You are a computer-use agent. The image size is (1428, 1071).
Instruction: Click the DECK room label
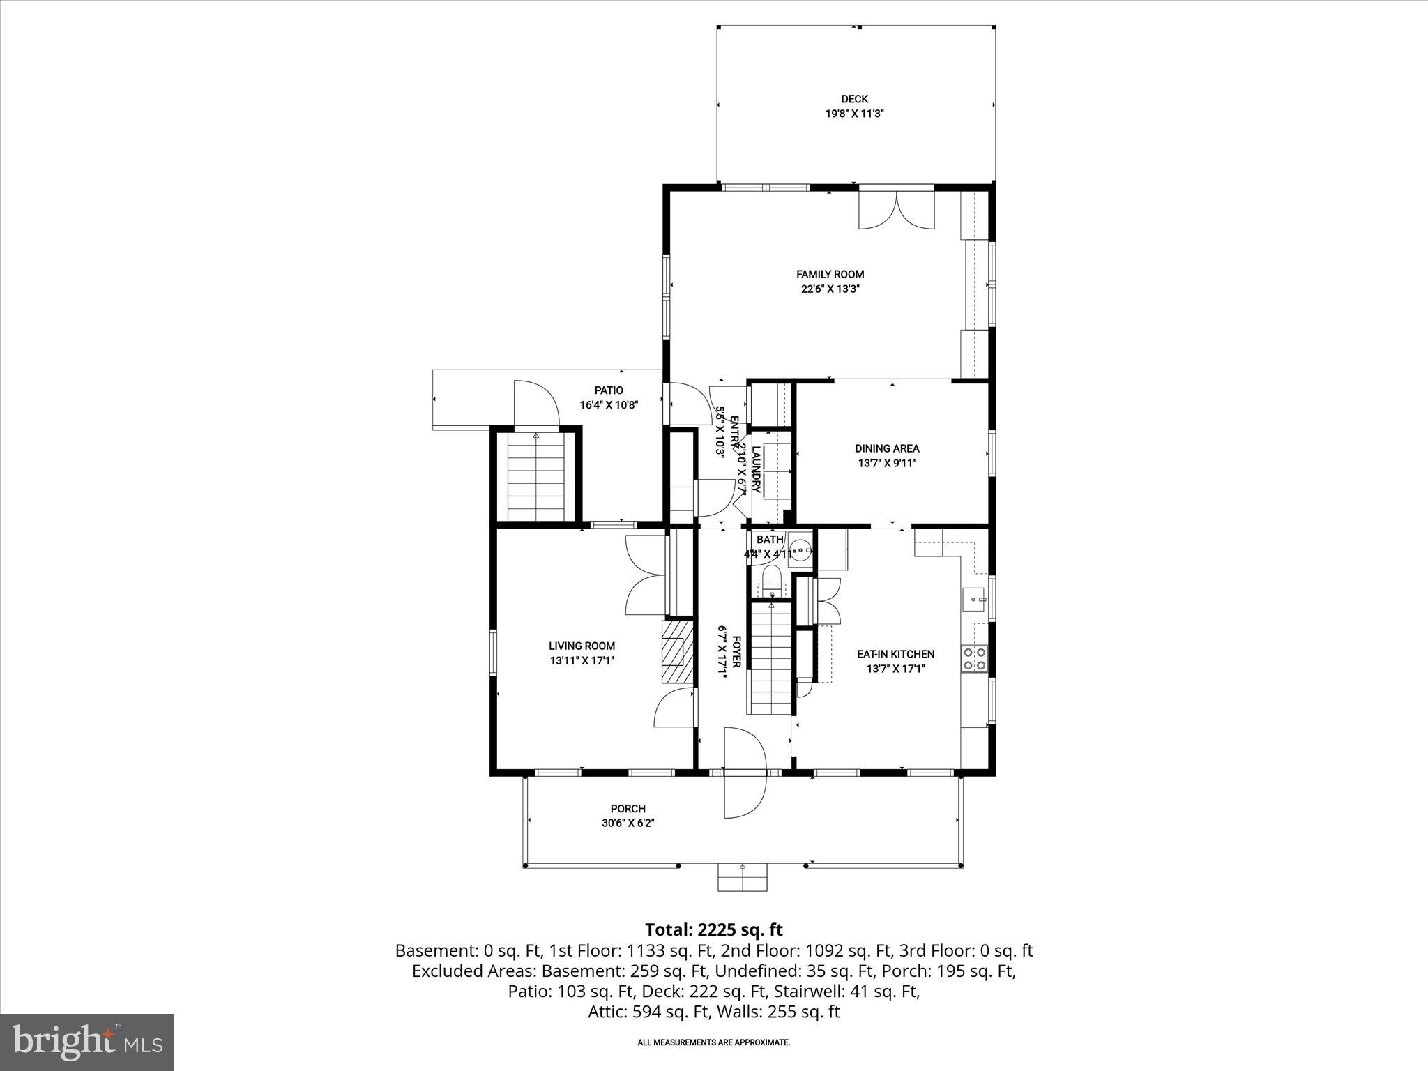tap(854, 99)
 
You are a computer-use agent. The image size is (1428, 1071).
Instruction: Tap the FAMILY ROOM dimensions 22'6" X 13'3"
tap(830, 289)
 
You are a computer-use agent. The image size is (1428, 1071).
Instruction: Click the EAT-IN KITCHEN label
tap(895, 654)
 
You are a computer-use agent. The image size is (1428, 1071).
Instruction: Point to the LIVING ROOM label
tap(582, 646)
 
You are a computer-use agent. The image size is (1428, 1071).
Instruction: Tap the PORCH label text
tap(628, 809)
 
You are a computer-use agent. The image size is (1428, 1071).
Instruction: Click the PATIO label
tap(609, 390)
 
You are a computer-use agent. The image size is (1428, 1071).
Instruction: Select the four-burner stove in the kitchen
tap(974, 658)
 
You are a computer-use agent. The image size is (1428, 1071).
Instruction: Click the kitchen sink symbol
tap(974, 599)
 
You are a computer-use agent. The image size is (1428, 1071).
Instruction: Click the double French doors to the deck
tap(896, 208)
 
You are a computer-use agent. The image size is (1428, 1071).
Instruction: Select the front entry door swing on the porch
tap(745, 772)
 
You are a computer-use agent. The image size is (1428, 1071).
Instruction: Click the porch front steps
tap(743, 878)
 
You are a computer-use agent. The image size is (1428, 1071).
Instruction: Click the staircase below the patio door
tap(535, 478)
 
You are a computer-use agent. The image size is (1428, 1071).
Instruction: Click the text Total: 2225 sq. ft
tap(713, 929)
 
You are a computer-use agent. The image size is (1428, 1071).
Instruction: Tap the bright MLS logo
tap(87, 1042)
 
